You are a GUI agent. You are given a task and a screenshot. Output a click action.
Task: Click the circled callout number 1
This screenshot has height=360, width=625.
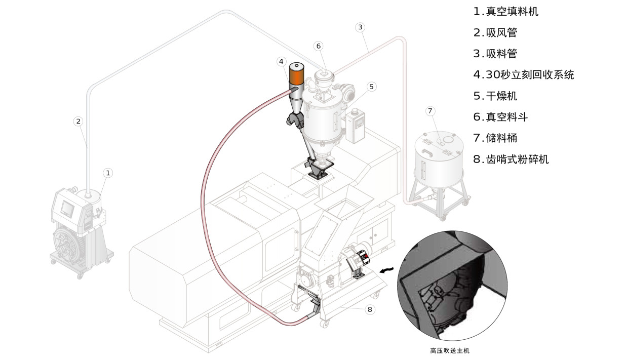coord(107,173)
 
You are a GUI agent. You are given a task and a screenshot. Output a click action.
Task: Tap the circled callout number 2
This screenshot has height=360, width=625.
coord(77,121)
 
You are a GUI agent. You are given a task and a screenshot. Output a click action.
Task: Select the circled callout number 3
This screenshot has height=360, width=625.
coord(360,27)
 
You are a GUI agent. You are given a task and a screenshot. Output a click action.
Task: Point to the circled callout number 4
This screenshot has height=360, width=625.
coord(281,61)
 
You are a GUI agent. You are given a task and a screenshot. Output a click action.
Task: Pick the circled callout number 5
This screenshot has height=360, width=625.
coord(371,87)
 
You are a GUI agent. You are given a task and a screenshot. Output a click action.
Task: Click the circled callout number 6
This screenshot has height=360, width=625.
coord(319,46)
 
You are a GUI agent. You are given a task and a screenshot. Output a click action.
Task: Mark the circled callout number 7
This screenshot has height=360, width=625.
coord(430,110)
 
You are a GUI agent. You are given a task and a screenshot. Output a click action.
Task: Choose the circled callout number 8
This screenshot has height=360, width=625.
coord(370,309)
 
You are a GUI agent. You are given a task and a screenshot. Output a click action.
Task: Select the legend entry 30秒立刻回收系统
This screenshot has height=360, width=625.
coord(524,75)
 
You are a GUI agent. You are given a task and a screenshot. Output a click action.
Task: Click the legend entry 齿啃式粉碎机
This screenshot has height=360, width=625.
coord(511,159)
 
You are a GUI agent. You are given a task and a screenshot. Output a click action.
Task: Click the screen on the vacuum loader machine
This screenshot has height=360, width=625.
coord(67,207)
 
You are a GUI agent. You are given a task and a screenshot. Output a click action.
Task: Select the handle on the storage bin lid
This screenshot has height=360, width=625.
coord(428,150)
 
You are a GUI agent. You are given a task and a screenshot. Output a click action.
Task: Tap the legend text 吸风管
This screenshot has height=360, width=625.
coord(495,33)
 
